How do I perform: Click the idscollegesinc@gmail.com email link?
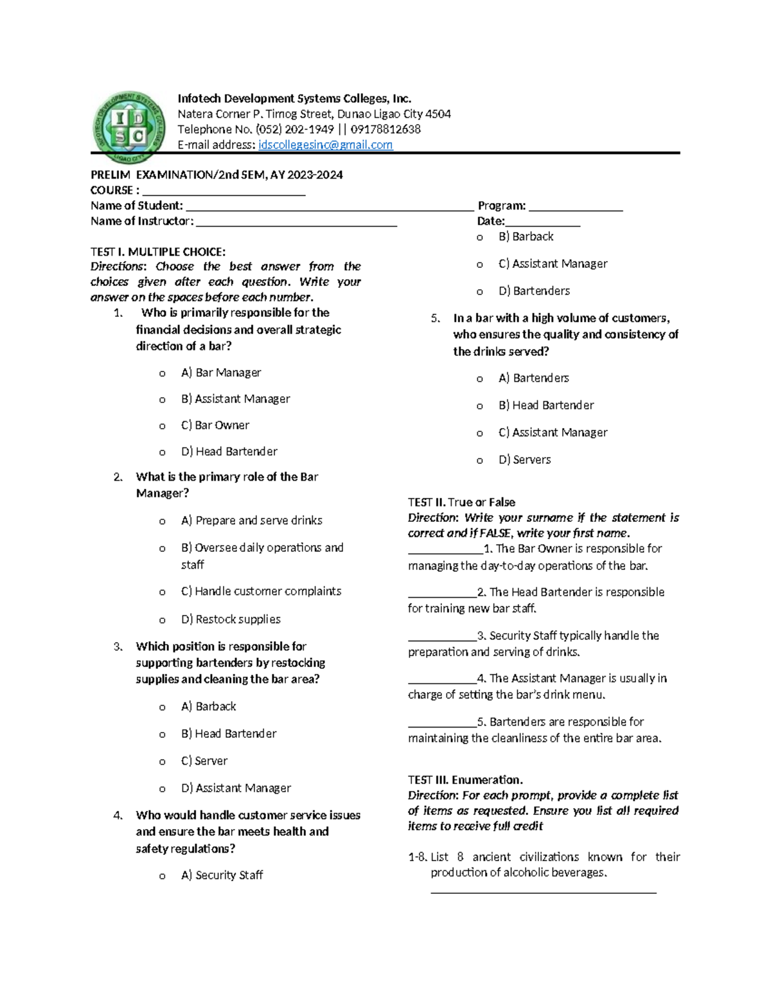pyautogui.click(x=325, y=145)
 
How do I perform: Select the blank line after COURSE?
pyautogui.click(x=224, y=193)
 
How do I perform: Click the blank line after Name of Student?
pyautogui.click(x=329, y=208)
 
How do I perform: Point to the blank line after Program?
pyautogui.click(x=576, y=208)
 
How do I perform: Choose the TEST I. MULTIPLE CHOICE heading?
pyautogui.click(x=158, y=252)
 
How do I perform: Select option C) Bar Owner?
pyautogui.click(x=215, y=425)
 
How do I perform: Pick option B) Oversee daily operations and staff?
pyautogui.click(x=262, y=548)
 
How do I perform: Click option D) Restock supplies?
pyautogui.click(x=231, y=619)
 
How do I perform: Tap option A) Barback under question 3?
pyautogui.click(x=209, y=707)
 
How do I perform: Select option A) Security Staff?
pyautogui.click(x=222, y=875)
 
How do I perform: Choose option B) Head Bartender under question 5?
pyautogui.click(x=546, y=405)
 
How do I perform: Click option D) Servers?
pyautogui.click(x=524, y=460)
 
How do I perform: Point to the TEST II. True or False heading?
pyautogui.click(x=461, y=503)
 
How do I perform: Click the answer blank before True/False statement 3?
pyautogui.click(x=442, y=637)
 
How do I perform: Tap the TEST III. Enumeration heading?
pyautogui.click(x=465, y=780)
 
